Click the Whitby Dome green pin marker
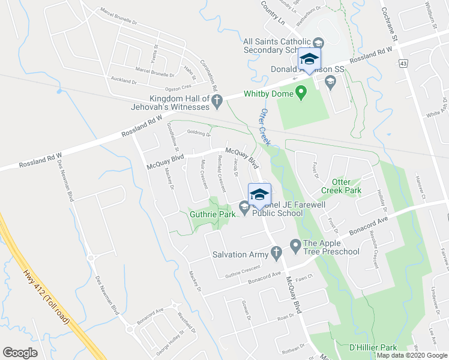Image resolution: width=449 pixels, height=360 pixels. pyautogui.click(x=301, y=93)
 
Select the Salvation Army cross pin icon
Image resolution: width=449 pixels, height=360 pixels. pyautogui.click(x=276, y=254)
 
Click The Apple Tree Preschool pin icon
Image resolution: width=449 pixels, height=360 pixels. pyautogui.click(x=295, y=245)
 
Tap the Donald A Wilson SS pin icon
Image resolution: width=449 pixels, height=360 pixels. pyautogui.click(x=330, y=81)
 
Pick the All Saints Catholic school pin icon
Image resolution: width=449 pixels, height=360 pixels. pyautogui.click(x=319, y=43)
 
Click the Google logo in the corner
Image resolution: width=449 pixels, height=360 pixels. pyautogui.click(x=20, y=352)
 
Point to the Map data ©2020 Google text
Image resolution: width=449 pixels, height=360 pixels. pyautogui.click(x=412, y=355)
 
